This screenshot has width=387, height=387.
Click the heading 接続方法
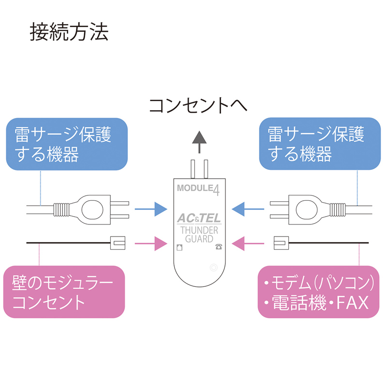coord(69,32)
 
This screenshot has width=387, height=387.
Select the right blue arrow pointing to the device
coord(248,209)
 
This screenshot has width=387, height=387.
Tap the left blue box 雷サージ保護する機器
coord(66,144)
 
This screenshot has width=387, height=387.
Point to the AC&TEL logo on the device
coord(198,218)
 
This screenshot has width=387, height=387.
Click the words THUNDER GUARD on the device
coord(198,235)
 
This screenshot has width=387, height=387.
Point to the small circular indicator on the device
coord(214,267)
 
